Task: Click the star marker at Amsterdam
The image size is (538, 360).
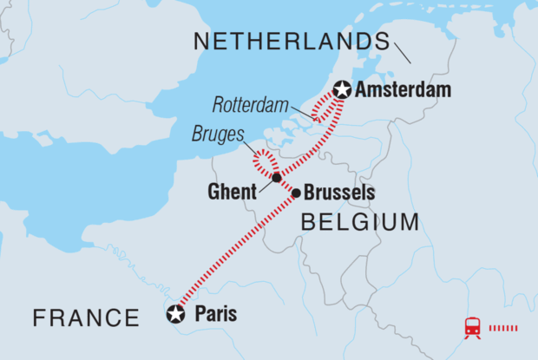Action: coord(342,89)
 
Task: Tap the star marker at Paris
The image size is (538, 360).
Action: coord(177,314)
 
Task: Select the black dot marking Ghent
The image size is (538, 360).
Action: coord(276,178)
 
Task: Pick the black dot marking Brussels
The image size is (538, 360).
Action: coord(297,193)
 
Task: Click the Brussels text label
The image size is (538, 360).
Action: coord(339,193)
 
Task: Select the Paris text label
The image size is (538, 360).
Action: coord(212,314)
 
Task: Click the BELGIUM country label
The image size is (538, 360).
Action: coord(359,224)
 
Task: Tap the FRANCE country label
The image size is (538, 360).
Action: coord(86,318)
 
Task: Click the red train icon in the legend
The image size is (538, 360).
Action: coord(473,328)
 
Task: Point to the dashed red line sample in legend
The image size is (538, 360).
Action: coord(506,328)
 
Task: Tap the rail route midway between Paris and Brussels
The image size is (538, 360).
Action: coord(237,253)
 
